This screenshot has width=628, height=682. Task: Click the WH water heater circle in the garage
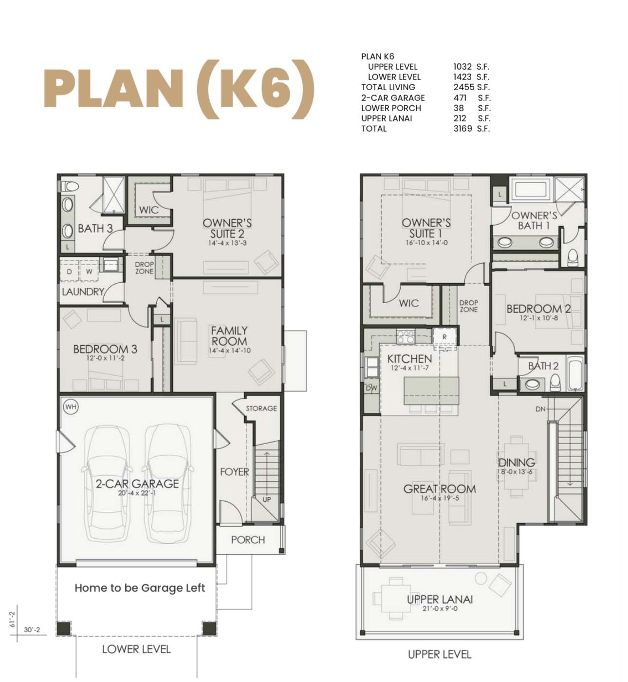click(x=71, y=407)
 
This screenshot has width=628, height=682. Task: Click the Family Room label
click(x=229, y=336)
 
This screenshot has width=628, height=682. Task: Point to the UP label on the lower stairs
click(x=267, y=500)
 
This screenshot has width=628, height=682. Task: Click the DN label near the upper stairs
click(x=540, y=409)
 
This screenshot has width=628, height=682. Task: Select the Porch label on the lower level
click(x=248, y=540)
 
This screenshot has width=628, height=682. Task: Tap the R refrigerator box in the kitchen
click(x=444, y=336)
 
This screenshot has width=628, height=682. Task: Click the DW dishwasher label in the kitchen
click(x=371, y=388)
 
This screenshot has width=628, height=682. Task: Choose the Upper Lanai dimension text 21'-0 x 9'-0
click(x=440, y=608)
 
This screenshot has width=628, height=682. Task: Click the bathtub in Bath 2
click(x=575, y=374)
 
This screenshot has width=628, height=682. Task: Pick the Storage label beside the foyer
click(x=261, y=409)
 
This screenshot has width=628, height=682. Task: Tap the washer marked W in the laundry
click(x=89, y=272)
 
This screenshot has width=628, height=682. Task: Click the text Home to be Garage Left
click(x=140, y=588)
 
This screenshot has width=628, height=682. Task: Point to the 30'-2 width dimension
click(x=32, y=630)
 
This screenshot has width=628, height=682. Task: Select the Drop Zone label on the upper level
click(x=468, y=306)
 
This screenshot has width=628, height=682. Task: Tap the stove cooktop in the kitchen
click(x=406, y=336)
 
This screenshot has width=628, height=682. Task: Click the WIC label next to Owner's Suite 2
click(x=149, y=210)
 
